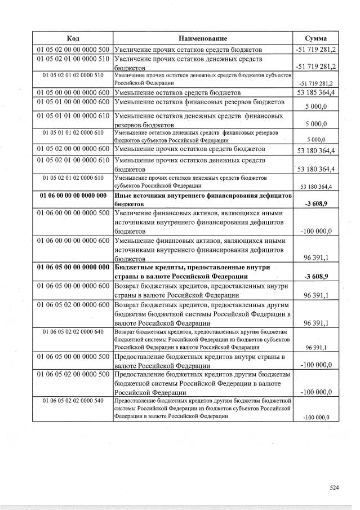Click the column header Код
(x=73, y=38)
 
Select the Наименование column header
(x=203, y=38)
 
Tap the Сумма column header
(x=315, y=38)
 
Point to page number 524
(x=335, y=489)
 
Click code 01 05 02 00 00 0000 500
(x=73, y=50)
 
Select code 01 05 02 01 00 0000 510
(x=73, y=59)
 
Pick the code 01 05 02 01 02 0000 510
(x=73, y=75)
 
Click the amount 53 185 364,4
(x=315, y=92)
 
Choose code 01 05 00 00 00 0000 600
(x=73, y=92)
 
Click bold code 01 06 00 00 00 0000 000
(x=73, y=195)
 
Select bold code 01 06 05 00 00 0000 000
(x=73, y=267)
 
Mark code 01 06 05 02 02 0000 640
(x=73, y=331)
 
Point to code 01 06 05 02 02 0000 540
(x=73, y=400)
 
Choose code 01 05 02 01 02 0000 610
(x=73, y=178)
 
